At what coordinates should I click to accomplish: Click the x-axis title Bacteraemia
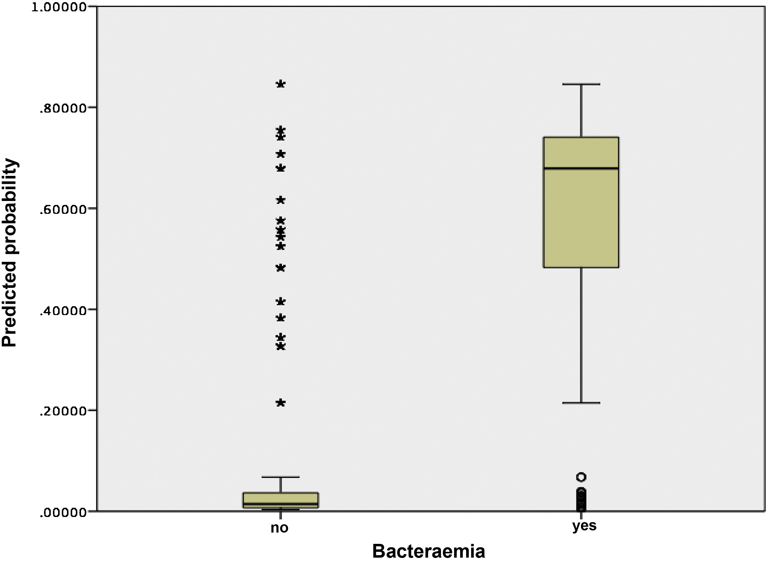(x=428, y=551)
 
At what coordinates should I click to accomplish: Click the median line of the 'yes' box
(x=581, y=168)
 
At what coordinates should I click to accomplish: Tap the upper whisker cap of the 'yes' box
(x=581, y=84)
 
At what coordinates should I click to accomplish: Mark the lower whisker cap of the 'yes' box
(x=581, y=403)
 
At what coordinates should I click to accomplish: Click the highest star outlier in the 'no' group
(x=281, y=84)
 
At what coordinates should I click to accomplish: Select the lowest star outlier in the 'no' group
(x=281, y=403)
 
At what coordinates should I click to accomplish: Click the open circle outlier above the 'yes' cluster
(x=581, y=477)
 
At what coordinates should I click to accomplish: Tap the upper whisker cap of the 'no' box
(x=280, y=477)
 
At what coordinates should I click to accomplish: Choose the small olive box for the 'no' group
(x=280, y=500)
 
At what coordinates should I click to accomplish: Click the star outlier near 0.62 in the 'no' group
(x=281, y=200)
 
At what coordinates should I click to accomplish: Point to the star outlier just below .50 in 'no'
(x=281, y=268)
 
